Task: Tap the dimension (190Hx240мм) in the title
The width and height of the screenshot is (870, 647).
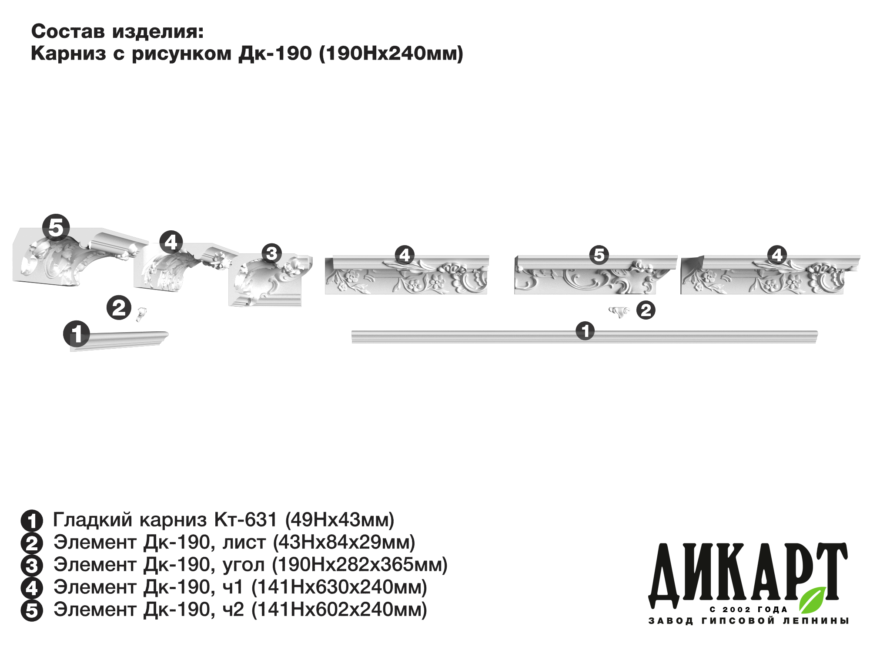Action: [x=391, y=54]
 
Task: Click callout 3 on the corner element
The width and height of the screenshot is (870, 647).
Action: [x=272, y=253]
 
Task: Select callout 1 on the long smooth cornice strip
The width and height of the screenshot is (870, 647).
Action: [x=585, y=331]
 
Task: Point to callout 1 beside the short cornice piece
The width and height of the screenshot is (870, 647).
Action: [x=77, y=334]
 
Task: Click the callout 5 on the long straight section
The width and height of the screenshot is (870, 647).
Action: [x=599, y=255]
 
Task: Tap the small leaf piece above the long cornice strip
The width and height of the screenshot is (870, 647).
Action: [x=619, y=311]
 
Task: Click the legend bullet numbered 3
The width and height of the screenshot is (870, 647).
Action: [x=32, y=566]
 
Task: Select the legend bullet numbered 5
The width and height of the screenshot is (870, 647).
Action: [x=32, y=610]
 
